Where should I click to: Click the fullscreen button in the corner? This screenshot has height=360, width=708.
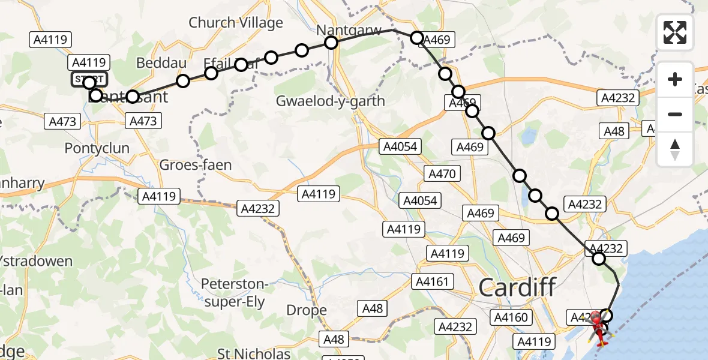pos(675,32)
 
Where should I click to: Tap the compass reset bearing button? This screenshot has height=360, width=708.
pos(675,149)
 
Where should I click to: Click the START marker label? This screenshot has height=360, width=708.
pos(89,79)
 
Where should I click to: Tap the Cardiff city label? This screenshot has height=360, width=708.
pos(517,287)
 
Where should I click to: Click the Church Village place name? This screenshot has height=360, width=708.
pos(236,23)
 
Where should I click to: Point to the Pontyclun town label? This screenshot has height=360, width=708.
pos(97,148)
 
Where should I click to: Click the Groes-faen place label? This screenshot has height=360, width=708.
pos(196,165)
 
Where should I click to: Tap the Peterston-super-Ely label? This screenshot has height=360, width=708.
pos(233,292)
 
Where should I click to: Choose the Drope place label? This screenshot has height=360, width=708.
pos(307,310)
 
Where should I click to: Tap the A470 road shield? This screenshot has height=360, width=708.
pos(443,174)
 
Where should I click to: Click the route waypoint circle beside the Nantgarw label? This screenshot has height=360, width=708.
pos(331,42)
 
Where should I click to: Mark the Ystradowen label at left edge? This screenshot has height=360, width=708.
pos(36,261)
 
